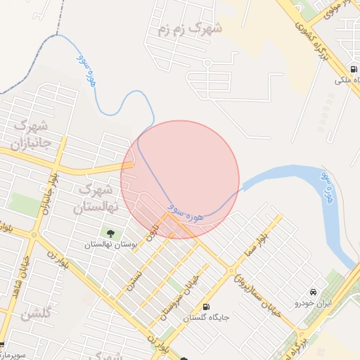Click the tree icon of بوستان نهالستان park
click(110, 233)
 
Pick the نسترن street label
click(134, 281)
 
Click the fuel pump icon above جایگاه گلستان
click(205, 307)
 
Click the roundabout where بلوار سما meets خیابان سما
click(231, 270)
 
